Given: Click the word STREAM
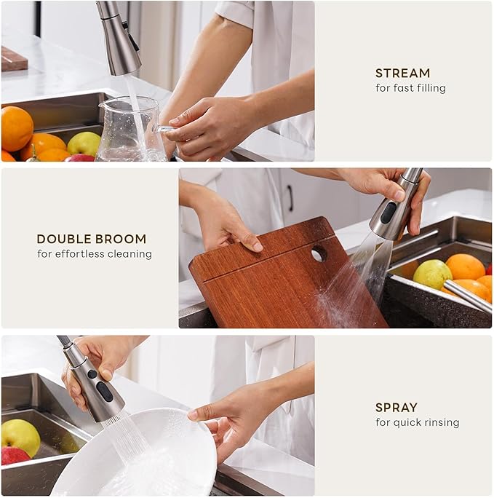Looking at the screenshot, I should (x=402, y=73).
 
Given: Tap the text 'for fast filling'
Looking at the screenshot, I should (x=410, y=88).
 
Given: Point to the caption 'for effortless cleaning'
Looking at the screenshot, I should (x=95, y=254).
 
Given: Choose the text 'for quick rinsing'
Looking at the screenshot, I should (x=417, y=423).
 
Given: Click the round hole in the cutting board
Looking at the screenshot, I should (x=319, y=253).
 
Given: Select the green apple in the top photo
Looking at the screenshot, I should (x=84, y=143).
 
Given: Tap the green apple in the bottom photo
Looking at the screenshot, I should (x=20, y=435).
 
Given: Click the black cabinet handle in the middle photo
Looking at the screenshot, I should (x=290, y=197).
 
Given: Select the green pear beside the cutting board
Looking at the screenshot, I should (x=432, y=274).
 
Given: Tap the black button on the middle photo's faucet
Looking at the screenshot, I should (x=389, y=212).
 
